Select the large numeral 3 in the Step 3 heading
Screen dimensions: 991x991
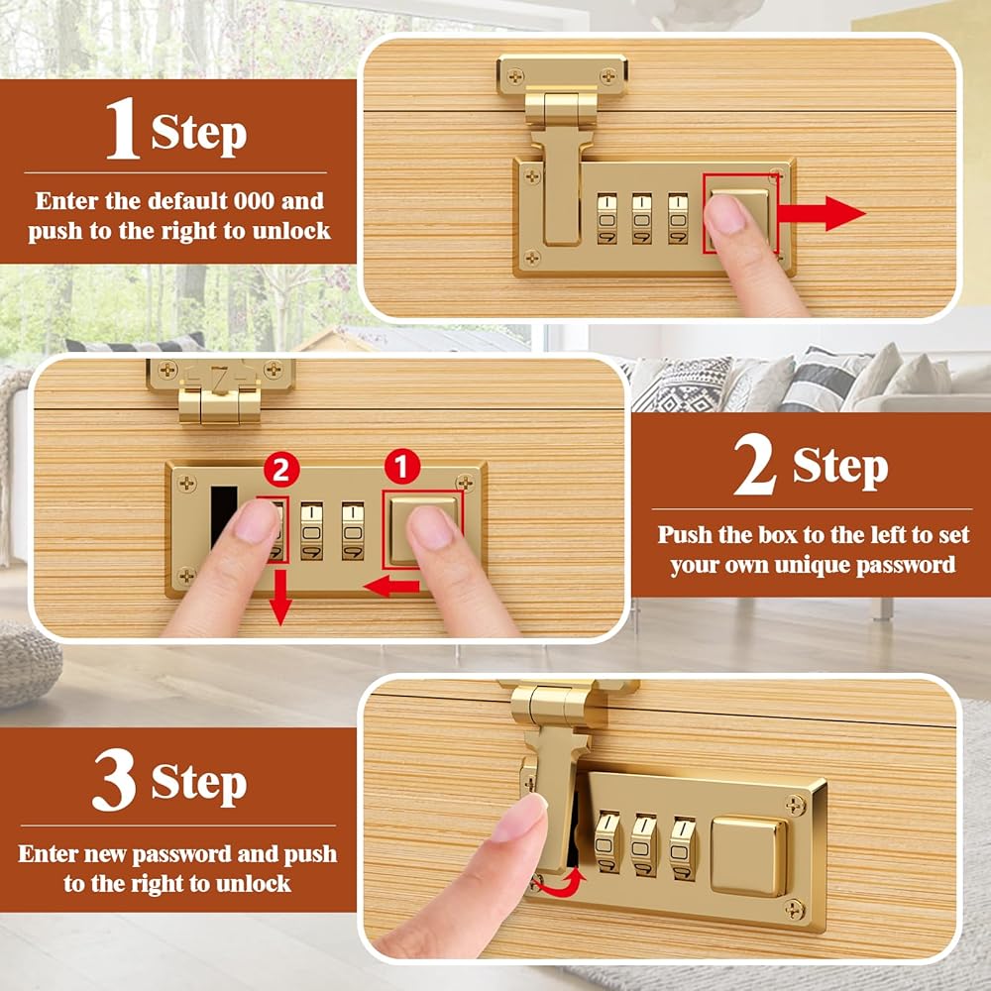click(x=114, y=780)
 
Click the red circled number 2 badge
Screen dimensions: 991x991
click(x=281, y=470)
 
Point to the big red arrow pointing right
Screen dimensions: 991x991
click(x=821, y=214)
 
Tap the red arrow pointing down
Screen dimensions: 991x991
click(x=280, y=598)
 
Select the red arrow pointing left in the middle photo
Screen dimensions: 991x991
click(x=391, y=587)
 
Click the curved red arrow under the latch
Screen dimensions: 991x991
click(x=559, y=883)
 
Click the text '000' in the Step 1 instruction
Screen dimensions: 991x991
click(x=254, y=201)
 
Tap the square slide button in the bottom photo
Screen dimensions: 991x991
click(x=749, y=856)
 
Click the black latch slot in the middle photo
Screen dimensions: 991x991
click(x=222, y=517)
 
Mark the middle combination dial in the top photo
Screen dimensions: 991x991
click(x=641, y=219)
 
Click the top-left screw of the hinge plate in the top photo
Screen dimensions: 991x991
click(x=515, y=76)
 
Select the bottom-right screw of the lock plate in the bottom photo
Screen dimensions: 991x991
click(x=794, y=910)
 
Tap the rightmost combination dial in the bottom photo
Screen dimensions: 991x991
click(x=683, y=849)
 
